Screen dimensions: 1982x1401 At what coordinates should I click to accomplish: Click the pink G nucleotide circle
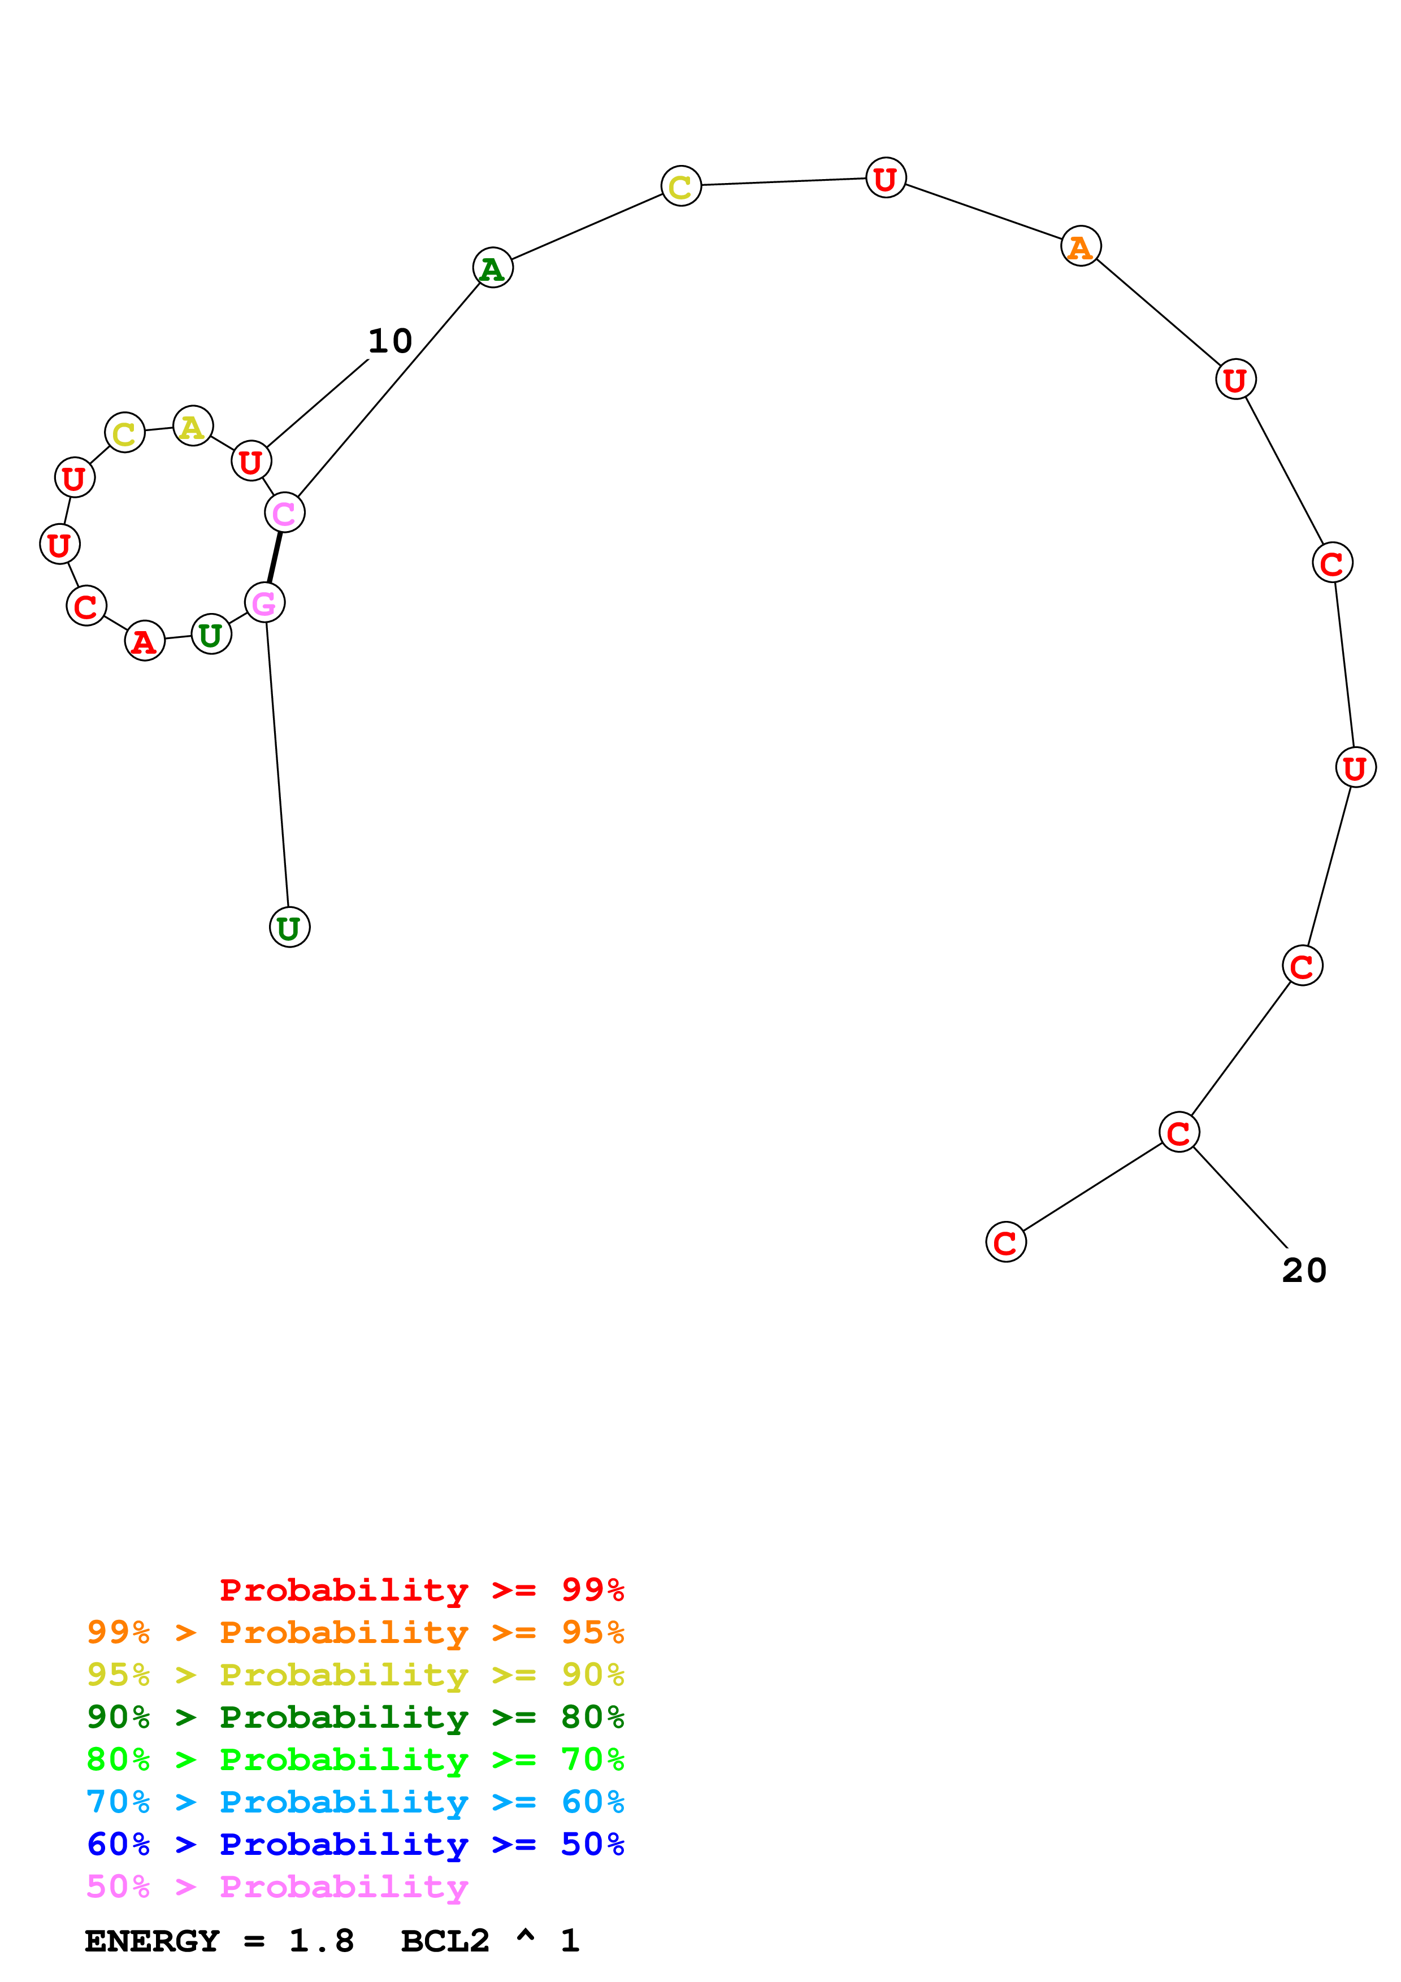[264, 602]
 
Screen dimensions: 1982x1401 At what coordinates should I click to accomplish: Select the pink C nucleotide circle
[284, 513]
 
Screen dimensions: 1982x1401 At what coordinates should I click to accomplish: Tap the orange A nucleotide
[1080, 247]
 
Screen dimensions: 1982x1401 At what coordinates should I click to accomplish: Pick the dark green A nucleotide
[492, 268]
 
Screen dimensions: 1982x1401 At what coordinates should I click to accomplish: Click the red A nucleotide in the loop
[144, 641]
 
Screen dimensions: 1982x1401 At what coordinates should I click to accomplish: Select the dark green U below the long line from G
[289, 928]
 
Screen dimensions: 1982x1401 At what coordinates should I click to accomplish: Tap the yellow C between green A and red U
[680, 185]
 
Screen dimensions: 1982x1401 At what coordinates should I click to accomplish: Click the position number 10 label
[390, 341]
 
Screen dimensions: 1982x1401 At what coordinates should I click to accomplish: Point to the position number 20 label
[1303, 1271]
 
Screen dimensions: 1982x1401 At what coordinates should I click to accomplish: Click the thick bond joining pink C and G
[275, 558]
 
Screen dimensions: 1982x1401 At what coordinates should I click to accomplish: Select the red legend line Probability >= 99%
[421, 1590]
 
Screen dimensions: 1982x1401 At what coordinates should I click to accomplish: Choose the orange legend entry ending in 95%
[355, 1632]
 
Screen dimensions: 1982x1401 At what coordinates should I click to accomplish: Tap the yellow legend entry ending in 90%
[355, 1675]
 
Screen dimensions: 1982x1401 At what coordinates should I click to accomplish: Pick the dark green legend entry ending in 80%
[355, 1717]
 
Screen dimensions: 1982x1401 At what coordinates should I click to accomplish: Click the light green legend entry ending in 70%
[355, 1759]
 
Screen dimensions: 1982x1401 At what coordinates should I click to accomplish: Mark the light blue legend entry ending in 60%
[355, 1802]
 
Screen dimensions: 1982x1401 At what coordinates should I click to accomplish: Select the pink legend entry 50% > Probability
[276, 1886]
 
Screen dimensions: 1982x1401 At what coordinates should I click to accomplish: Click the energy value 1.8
[321, 1941]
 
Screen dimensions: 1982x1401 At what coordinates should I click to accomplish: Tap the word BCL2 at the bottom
[445, 1941]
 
